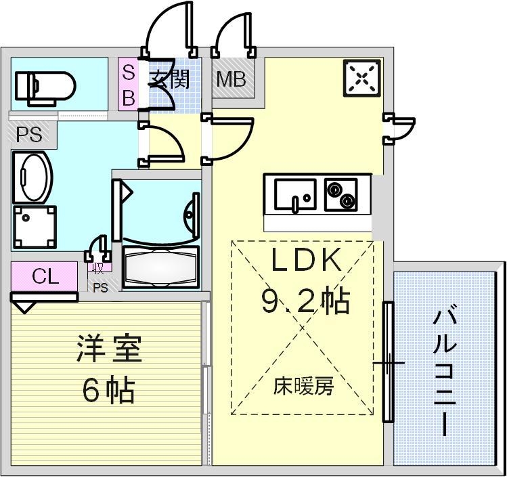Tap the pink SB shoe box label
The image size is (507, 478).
129,84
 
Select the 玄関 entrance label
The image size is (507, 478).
169,79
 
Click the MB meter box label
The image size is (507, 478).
231,80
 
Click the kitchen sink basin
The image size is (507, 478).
295,194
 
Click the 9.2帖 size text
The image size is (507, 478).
305,300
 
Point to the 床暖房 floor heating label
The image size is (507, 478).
303,387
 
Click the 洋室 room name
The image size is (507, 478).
109,351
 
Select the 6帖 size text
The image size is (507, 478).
109,390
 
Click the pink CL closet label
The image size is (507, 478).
45,276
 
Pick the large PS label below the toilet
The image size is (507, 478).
29,135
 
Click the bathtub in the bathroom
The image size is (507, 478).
161,267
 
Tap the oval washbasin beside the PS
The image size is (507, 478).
32,177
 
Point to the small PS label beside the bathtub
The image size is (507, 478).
100,287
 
